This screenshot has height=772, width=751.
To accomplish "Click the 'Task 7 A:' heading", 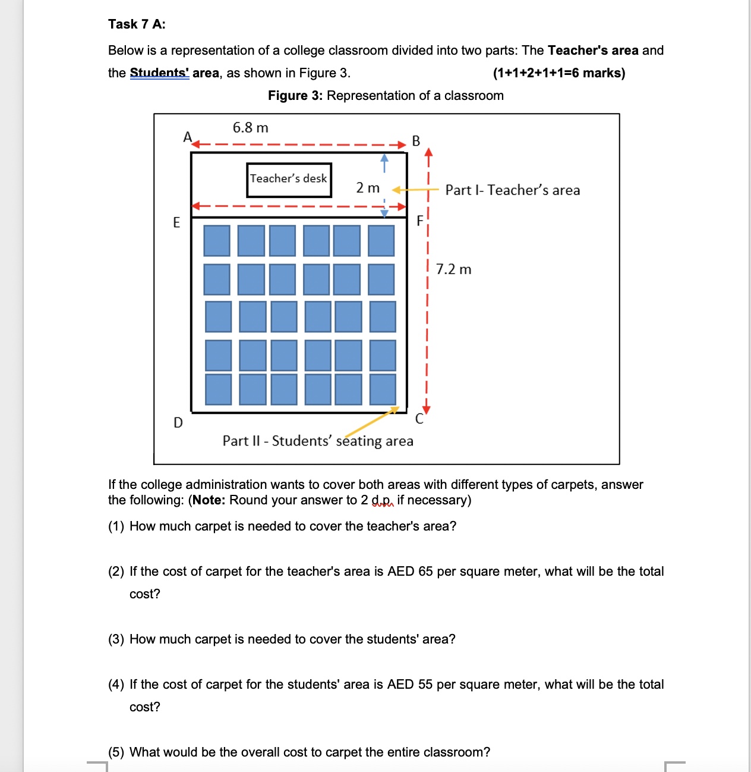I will click(137, 24).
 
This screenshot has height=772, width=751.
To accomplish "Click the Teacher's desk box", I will click(289, 180).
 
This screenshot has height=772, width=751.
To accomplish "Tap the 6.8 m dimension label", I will click(250, 128).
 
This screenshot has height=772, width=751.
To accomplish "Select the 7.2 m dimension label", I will click(453, 269).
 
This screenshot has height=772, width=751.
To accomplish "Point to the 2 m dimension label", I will click(368, 188).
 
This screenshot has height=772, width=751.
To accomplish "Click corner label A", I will click(187, 137).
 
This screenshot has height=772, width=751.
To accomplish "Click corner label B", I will click(416, 141).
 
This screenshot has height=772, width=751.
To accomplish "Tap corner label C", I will click(419, 419).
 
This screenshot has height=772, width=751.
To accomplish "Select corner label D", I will click(178, 423).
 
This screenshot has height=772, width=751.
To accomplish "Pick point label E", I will click(176, 222).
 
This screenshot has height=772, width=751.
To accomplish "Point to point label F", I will click(420, 221).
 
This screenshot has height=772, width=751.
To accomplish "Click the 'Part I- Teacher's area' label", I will click(512, 190).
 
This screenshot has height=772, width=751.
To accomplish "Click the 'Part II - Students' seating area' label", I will click(318, 441).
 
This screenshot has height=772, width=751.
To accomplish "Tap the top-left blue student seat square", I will click(217, 241).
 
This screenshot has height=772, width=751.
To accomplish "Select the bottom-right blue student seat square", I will click(383, 389).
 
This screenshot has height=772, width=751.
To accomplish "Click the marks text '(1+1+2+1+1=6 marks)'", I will click(558, 73).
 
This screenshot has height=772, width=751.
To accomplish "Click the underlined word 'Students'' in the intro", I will click(159, 73).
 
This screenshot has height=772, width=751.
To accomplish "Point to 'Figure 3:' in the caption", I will click(295, 96).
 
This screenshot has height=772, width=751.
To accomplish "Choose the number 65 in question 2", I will click(425, 572).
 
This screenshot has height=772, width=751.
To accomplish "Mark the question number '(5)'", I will click(116, 752).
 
